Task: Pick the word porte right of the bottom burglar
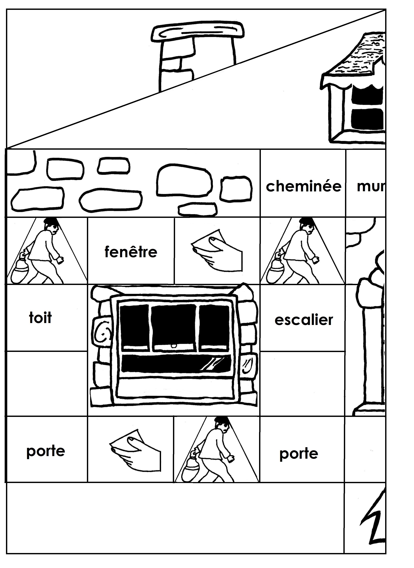[299, 454]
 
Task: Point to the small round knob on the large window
[173, 346]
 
